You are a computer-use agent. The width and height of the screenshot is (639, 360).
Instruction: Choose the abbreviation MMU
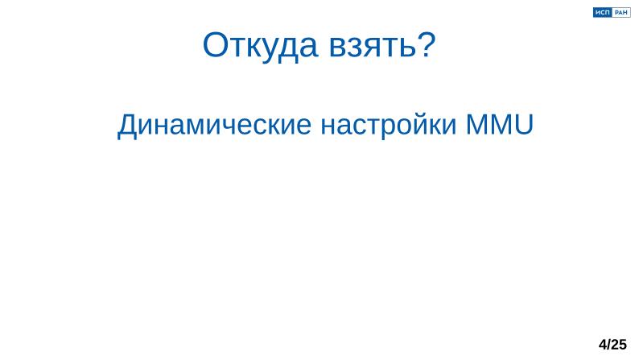[499, 126]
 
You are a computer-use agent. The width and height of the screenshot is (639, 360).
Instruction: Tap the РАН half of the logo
[621, 12]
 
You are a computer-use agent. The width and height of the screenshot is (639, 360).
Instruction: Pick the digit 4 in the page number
[603, 345]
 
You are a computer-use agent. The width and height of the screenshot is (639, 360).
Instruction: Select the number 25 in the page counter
[619, 345]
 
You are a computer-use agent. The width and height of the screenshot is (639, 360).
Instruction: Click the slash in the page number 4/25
[609, 345]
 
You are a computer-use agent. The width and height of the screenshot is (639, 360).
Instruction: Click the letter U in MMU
[524, 126]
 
